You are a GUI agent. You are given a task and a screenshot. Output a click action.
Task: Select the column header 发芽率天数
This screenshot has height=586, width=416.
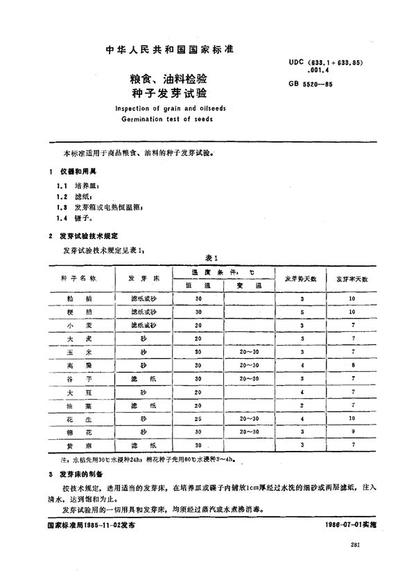pos(352,278)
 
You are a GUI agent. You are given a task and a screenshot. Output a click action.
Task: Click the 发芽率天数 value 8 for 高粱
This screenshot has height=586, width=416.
pos(352,365)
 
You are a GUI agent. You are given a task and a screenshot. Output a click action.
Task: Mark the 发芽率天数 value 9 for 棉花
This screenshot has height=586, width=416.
pos(352,432)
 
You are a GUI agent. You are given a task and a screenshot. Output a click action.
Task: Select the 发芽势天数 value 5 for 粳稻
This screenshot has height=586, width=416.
pos(302,312)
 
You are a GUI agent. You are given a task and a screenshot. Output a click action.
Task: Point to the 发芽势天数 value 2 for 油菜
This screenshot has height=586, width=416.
pos(302,405)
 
